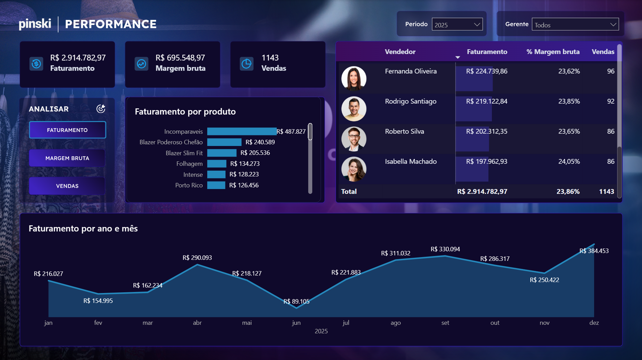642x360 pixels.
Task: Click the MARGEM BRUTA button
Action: (x=67, y=158)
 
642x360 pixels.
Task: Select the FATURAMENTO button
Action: (x=67, y=130)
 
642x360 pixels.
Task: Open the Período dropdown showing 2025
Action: (x=457, y=25)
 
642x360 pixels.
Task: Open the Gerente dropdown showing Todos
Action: (x=575, y=25)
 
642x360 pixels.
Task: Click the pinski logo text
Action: (x=35, y=24)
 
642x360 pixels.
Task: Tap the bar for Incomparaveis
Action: (x=241, y=132)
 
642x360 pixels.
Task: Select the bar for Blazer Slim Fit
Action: (x=222, y=153)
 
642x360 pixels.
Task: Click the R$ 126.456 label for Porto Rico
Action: (x=244, y=185)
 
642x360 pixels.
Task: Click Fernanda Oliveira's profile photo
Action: (x=354, y=78)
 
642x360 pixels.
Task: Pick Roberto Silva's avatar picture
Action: (x=354, y=138)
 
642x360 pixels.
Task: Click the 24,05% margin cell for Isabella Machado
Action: (x=569, y=161)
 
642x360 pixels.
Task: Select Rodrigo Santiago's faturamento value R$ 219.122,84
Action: (x=486, y=101)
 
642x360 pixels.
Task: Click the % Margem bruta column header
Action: (x=553, y=52)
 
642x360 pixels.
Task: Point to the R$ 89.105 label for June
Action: (x=296, y=301)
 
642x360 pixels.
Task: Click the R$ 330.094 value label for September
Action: (x=445, y=249)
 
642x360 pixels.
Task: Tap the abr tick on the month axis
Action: (x=197, y=323)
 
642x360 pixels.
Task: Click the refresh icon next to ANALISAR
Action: (x=101, y=109)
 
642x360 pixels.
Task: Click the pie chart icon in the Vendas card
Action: (x=246, y=64)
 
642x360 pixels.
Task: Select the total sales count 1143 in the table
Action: (x=606, y=191)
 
